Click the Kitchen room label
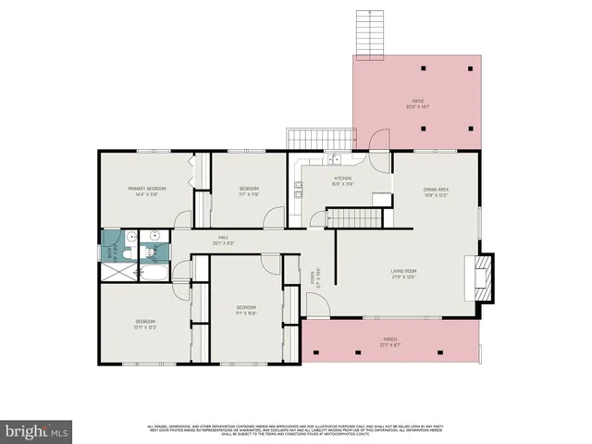coord(342,181)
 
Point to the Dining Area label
coord(436,191)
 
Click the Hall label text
coord(223,240)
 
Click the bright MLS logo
coord(37,430)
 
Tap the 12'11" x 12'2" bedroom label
coord(146,324)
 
